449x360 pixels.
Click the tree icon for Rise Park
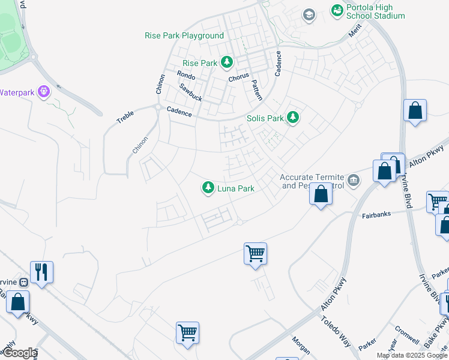click(226, 62)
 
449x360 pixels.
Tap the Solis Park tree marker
click(292, 117)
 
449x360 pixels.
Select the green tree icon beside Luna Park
click(208, 188)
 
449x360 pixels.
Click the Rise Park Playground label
click(184, 35)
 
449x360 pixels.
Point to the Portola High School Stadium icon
click(337, 10)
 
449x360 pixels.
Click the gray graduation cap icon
click(309, 14)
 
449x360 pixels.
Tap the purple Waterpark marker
click(43, 92)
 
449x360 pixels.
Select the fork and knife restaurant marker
click(41, 271)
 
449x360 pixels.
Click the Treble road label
click(125, 116)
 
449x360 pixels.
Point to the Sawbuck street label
click(190, 92)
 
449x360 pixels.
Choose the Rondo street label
click(186, 75)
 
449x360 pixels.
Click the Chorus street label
click(238, 78)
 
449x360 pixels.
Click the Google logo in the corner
click(19, 353)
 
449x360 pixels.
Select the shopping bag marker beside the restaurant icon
click(18, 302)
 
